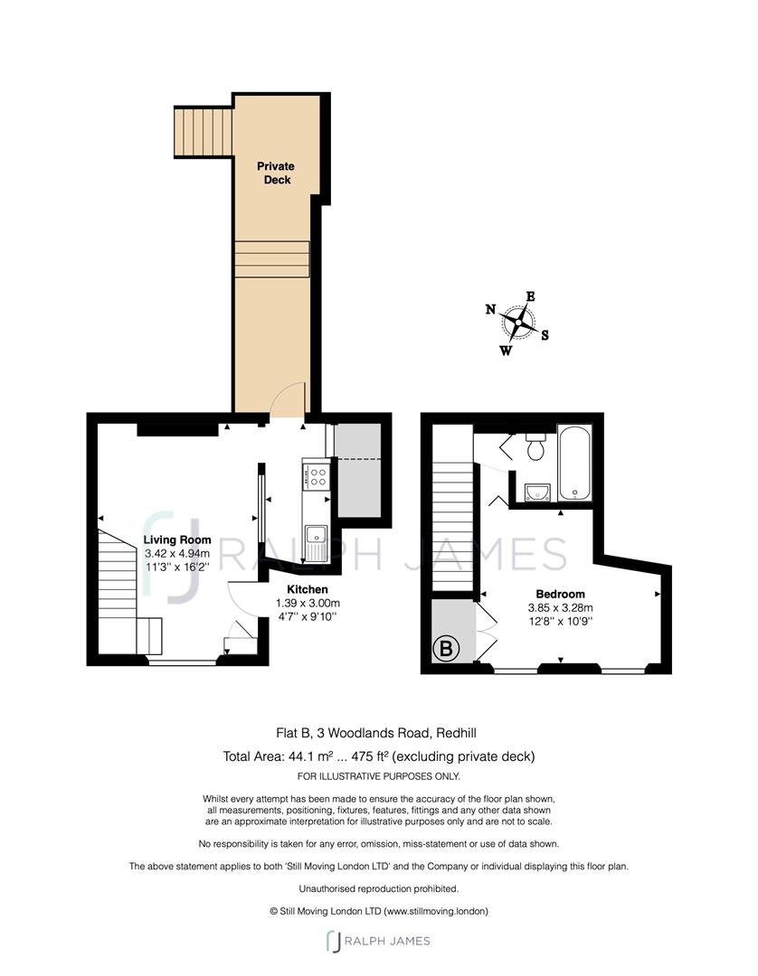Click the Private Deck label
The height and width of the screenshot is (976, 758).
pyautogui.click(x=276, y=173)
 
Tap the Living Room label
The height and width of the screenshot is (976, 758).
pyautogui.click(x=177, y=540)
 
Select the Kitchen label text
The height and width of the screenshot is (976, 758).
pyautogui.click(x=307, y=589)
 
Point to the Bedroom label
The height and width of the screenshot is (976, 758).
pyautogui.click(x=560, y=594)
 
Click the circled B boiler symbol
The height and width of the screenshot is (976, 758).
pyautogui.click(x=446, y=649)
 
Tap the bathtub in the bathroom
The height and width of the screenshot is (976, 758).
pyautogui.click(x=573, y=463)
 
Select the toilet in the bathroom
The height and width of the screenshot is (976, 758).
pyautogui.click(x=535, y=446)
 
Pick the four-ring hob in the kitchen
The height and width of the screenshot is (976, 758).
pyautogui.click(x=315, y=476)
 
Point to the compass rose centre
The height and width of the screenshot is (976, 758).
pyautogui.click(x=517, y=323)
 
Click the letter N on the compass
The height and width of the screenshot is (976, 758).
pyautogui.click(x=491, y=309)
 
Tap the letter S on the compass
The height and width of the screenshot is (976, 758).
pyautogui.click(x=545, y=335)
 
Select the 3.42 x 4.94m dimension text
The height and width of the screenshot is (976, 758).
pyautogui.click(x=177, y=553)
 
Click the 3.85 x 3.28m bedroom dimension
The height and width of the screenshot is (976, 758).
pyautogui.click(x=561, y=607)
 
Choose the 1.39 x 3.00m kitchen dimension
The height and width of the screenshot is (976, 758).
pyautogui.click(x=307, y=603)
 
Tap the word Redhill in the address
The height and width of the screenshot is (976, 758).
pyautogui.click(x=456, y=733)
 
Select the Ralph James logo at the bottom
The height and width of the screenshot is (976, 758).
pyautogui.click(x=378, y=941)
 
